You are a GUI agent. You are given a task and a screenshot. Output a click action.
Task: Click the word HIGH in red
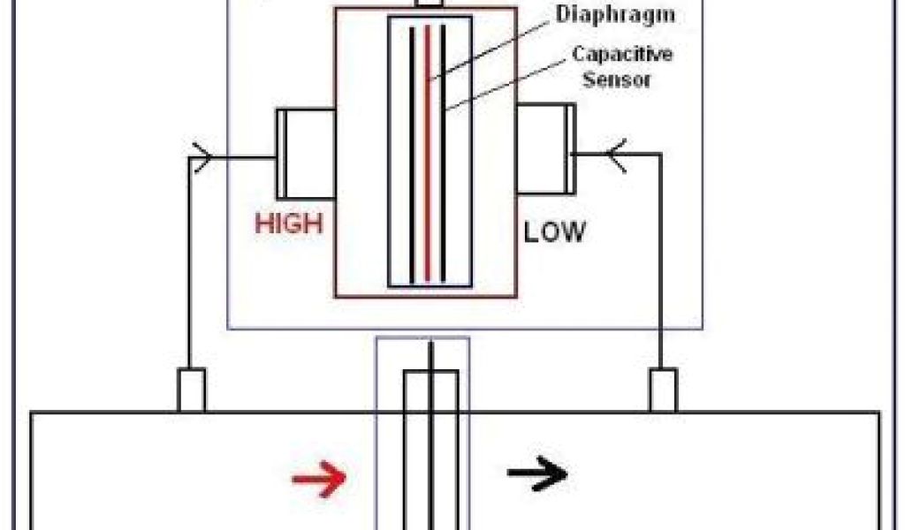(288, 224)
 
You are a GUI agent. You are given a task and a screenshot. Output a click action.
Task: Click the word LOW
(554, 232)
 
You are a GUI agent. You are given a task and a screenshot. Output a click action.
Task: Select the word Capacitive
(622, 54)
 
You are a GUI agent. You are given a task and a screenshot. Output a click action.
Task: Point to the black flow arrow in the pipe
(536, 474)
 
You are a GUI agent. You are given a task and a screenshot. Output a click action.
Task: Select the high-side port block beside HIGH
(305, 154)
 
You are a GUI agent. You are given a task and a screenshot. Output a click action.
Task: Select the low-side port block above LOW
(545, 148)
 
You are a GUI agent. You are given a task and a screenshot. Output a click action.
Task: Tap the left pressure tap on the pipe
(192, 390)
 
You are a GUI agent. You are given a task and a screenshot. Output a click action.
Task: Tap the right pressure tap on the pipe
(663, 390)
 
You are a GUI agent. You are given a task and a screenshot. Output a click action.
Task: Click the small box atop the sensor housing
(429, 4)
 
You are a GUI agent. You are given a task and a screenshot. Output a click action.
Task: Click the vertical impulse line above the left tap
(190, 265)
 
